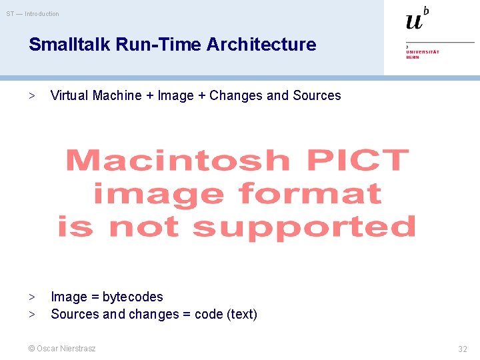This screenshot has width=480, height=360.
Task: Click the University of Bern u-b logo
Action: click(x=417, y=19)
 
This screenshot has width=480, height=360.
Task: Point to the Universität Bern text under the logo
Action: click(x=423, y=53)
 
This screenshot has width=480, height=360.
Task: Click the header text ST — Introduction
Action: click(x=33, y=14)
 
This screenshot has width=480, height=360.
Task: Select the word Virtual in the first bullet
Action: click(x=69, y=95)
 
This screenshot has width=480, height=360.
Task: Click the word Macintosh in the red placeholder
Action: click(x=177, y=161)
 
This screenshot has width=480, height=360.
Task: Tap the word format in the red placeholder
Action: click(x=309, y=194)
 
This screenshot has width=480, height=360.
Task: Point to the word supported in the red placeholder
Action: click(x=304, y=227)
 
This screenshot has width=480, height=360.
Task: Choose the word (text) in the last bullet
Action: click(x=242, y=314)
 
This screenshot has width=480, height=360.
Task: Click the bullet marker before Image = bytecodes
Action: click(x=31, y=297)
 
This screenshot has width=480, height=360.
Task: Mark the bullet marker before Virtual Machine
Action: click(x=31, y=95)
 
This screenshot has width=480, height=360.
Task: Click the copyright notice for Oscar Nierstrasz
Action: click(x=61, y=349)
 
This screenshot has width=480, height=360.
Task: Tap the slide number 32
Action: click(x=462, y=349)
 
